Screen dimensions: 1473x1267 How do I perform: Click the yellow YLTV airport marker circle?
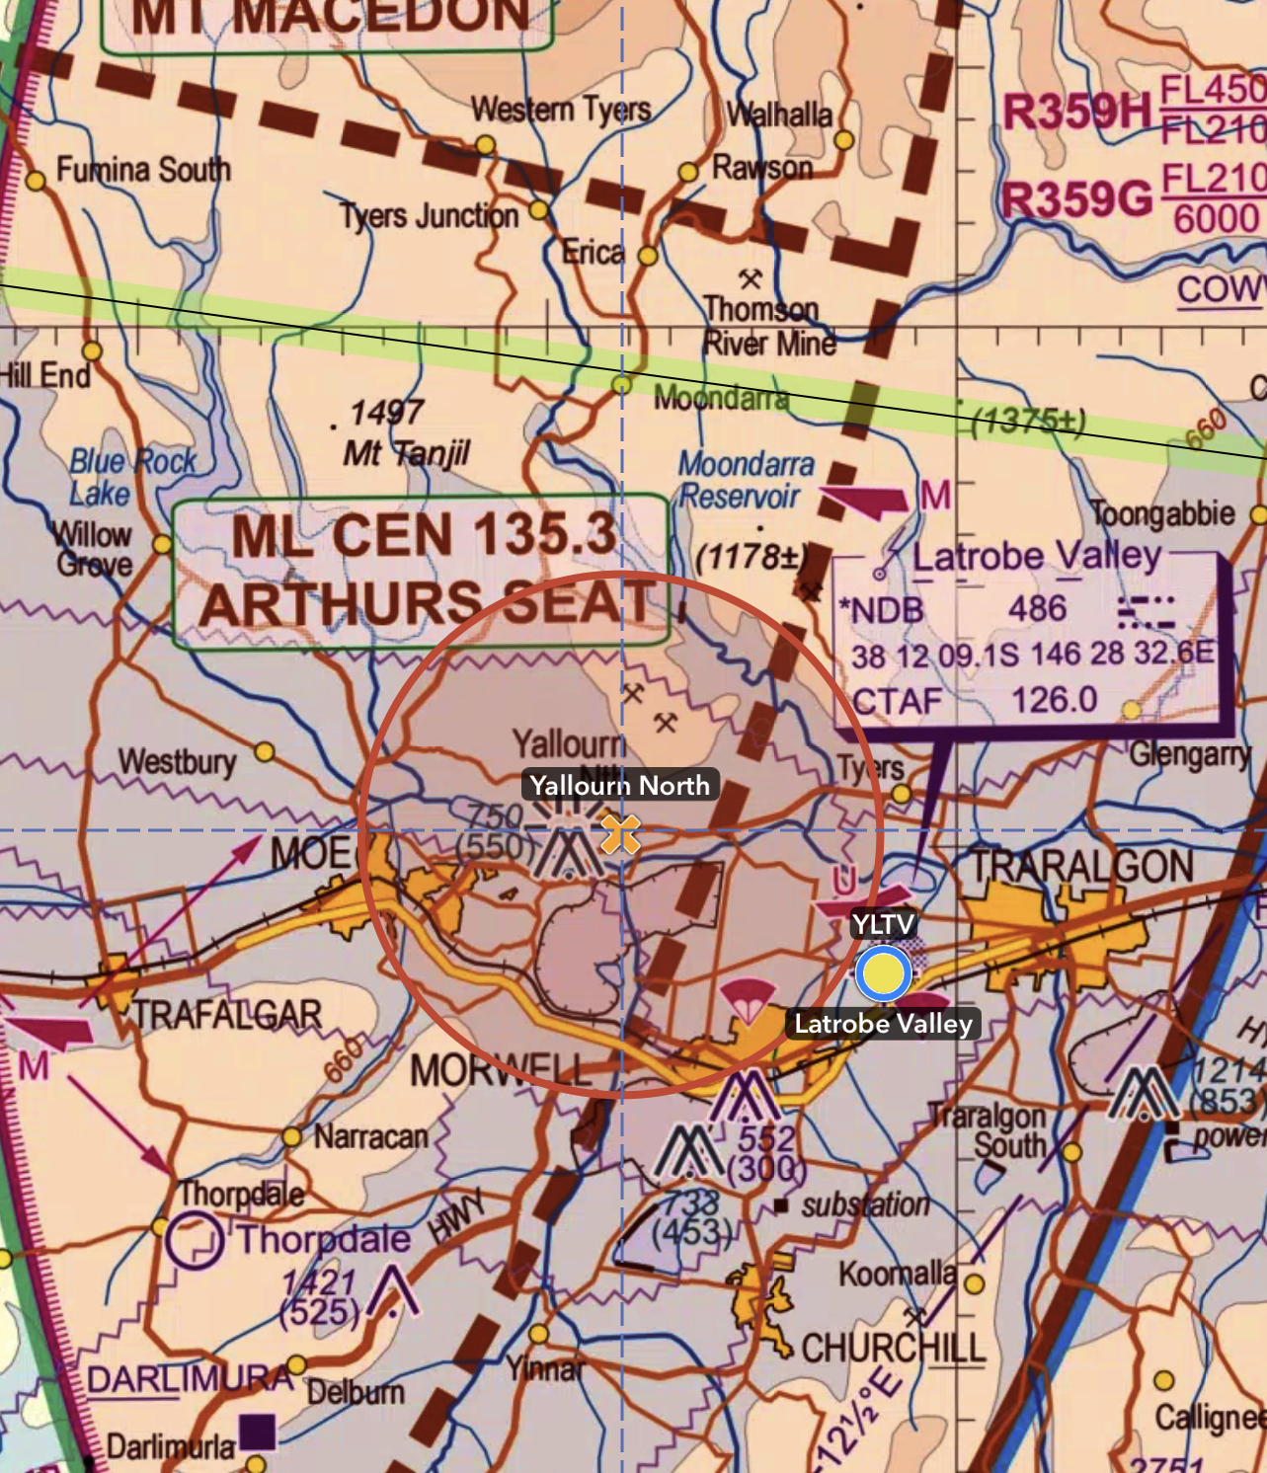[x=883, y=973]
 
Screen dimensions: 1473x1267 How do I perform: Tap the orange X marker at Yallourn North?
[x=620, y=833]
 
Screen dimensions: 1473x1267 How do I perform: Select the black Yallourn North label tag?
[x=619, y=786]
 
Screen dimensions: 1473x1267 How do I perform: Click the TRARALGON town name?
[x=1082, y=867]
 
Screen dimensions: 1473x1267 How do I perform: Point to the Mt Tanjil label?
[x=406, y=454]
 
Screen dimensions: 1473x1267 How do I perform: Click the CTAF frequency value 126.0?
[x=1054, y=700]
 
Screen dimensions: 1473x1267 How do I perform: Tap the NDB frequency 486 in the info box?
[x=1037, y=609]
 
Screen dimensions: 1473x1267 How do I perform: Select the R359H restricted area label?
[x=1076, y=112]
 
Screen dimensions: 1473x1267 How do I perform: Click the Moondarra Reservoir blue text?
[x=746, y=480]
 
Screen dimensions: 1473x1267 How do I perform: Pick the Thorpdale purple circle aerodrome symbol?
[x=194, y=1241]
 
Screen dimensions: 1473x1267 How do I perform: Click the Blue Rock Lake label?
[x=131, y=477]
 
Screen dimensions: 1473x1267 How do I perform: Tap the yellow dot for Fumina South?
[x=36, y=181]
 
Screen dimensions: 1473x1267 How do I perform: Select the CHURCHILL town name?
[x=893, y=1349]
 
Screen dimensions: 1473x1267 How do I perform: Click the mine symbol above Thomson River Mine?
[x=751, y=279]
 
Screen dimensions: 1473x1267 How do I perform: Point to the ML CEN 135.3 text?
[x=424, y=535]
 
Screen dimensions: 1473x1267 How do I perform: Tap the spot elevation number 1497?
[x=386, y=412]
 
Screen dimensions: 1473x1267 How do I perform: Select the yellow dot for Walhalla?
[x=843, y=140]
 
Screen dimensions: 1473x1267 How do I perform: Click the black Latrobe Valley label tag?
[x=883, y=1024]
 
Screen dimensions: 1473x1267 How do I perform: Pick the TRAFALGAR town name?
[x=227, y=1015]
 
